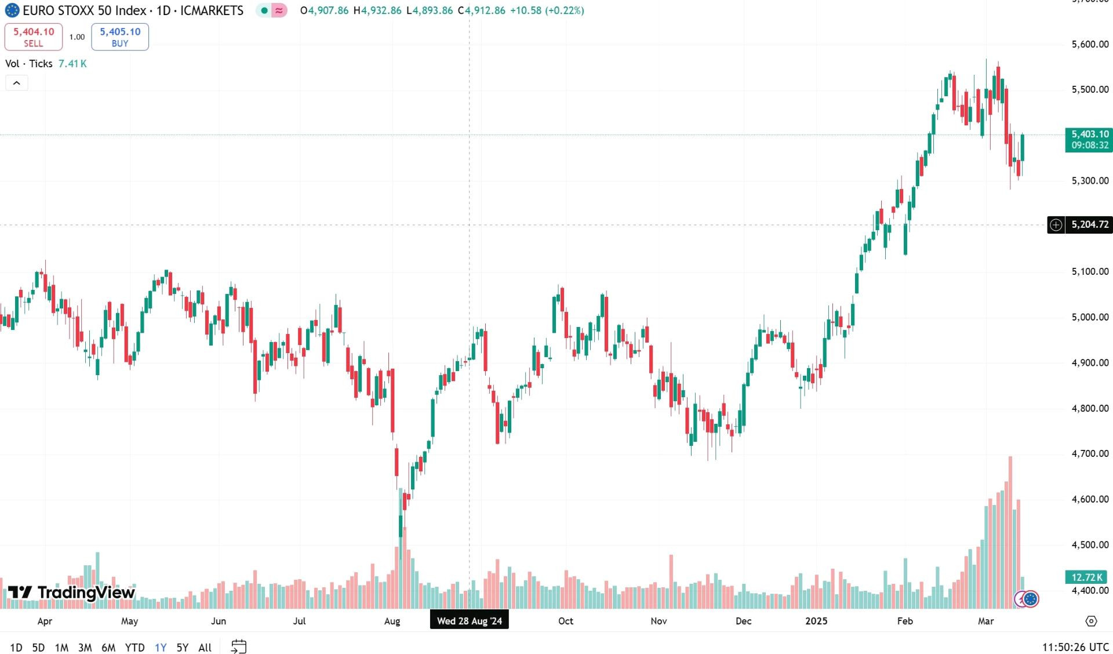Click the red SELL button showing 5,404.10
[34, 37]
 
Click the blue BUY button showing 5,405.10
[120, 37]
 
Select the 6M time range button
[108, 647]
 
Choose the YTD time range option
[134, 647]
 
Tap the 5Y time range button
[182, 647]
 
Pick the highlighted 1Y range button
[161, 647]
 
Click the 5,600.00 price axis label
[1090, 44]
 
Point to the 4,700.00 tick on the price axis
[1090, 453]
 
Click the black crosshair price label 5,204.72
[1090, 224]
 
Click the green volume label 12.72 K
[1087, 577]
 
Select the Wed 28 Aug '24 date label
[470, 621]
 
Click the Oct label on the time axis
[566, 621]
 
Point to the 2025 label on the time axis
[816, 621]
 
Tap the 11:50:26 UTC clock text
[1075, 647]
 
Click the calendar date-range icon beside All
[239, 646]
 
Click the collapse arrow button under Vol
[17, 83]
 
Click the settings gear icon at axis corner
[1091, 621]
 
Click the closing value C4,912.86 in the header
[481, 10]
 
